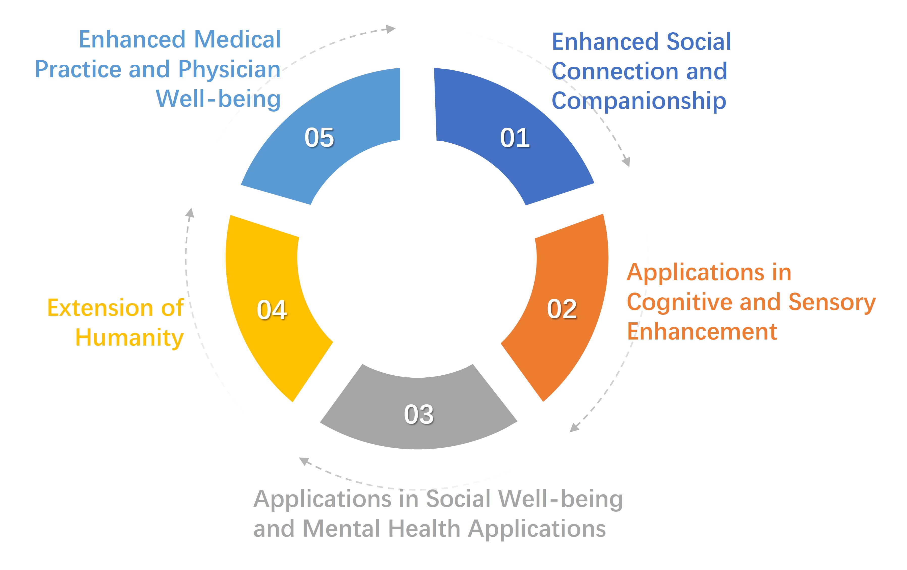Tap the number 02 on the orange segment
(562, 309)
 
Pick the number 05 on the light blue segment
(319, 138)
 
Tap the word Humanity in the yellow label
(129, 338)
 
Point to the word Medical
(237, 40)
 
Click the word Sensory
(832, 302)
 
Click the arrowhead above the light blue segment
(391, 29)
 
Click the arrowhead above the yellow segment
(191, 213)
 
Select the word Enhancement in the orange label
(702, 332)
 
